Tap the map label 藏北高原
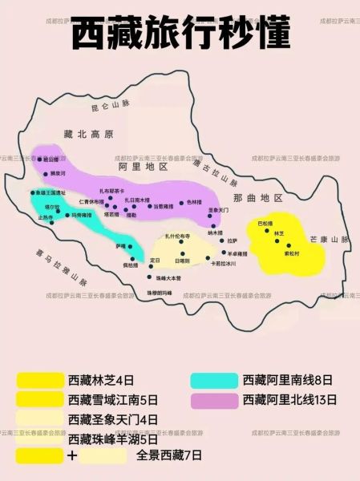[x=90, y=134]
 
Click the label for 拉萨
[x=232, y=240]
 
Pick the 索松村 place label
[x=292, y=253]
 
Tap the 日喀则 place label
[x=182, y=261]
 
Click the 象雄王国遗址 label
[x=50, y=193]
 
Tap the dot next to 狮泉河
[x=43, y=172]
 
